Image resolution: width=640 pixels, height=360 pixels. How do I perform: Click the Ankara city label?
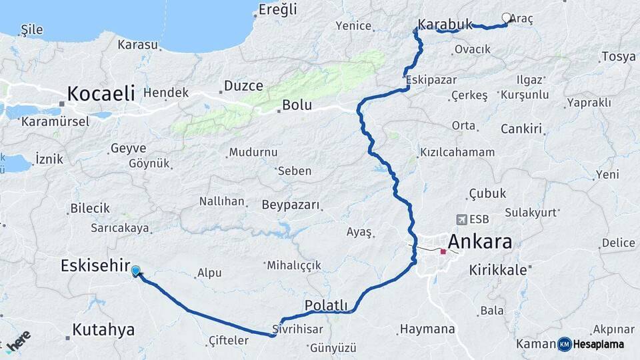tap(480, 241)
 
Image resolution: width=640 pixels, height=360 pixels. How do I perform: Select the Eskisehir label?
tap(95, 265)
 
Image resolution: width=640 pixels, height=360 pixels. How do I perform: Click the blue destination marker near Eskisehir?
tap(136, 270)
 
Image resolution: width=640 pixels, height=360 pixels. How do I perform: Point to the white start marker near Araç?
tap(506, 18)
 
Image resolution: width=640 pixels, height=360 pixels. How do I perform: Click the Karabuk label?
tap(445, 25)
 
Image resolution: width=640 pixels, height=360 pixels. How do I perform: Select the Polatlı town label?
tap(326, 305)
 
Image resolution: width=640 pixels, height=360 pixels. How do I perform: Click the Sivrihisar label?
tap(297, 329)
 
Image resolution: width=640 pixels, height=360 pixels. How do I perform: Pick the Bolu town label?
tap(297, 105)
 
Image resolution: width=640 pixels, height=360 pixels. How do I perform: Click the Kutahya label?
tap(103, 329)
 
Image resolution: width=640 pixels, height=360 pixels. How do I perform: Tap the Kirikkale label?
tap(498, 270)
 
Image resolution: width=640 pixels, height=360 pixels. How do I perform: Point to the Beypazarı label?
tap(291, 204)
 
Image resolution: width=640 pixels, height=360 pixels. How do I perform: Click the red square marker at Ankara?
tap(443, 252)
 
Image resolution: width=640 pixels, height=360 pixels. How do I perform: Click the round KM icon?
tap(565, 344)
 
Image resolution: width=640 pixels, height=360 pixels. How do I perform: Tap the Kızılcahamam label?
tap(457, 152)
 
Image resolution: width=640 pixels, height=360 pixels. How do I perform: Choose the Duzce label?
tap(243, 86)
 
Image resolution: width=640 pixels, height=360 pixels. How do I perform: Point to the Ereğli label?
tap(278, 10)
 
